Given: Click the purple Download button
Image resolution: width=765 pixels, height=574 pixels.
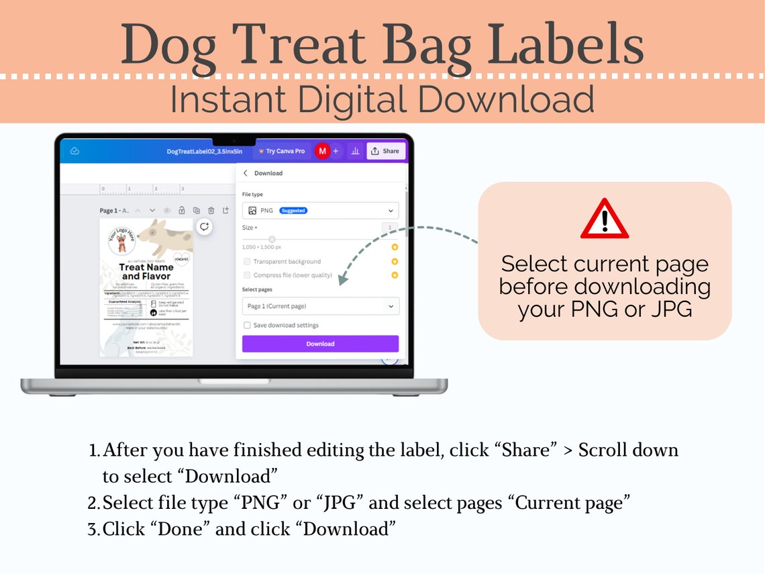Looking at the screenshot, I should (320, 344).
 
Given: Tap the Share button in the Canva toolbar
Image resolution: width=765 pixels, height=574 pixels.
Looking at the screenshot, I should (385, 151).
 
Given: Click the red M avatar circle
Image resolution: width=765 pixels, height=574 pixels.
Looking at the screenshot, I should (322, 151).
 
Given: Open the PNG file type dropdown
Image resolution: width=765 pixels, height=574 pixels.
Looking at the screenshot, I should (320, 210).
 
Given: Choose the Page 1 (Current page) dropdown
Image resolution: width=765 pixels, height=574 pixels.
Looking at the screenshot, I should (320, 306).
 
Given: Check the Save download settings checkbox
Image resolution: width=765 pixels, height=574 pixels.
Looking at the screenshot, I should (247, 325).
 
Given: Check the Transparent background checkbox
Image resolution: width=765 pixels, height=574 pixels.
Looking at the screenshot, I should (247, 261).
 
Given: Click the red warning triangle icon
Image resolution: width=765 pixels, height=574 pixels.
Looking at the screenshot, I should (604, 220).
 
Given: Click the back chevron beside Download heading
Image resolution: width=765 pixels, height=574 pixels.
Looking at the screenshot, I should (246, 173).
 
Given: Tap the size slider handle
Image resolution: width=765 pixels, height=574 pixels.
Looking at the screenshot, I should (272, 239).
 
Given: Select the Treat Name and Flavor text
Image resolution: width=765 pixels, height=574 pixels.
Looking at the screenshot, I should (146, 271).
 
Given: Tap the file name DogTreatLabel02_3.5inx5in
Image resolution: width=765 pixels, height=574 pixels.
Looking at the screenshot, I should (204, 152).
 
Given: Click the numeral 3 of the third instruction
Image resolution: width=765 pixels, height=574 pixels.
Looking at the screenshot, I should (93, 530).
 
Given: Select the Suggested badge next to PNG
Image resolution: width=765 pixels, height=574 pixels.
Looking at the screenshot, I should (293, 211).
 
